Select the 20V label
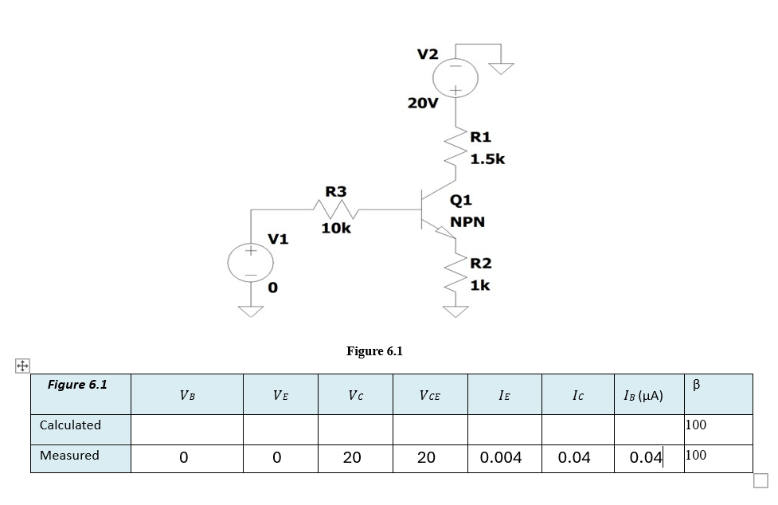click(422, 104)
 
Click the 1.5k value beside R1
click(487, 159)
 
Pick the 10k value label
click(335, 229)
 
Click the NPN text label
click(467, 221)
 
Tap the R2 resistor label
click(481, 264)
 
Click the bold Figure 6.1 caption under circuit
click(374, 351)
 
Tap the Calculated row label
click(70, 425)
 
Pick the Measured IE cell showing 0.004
click(501, 458)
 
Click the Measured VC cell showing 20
click(351, 458)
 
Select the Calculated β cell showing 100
click(696, 425)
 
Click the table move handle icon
click(22, 366)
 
